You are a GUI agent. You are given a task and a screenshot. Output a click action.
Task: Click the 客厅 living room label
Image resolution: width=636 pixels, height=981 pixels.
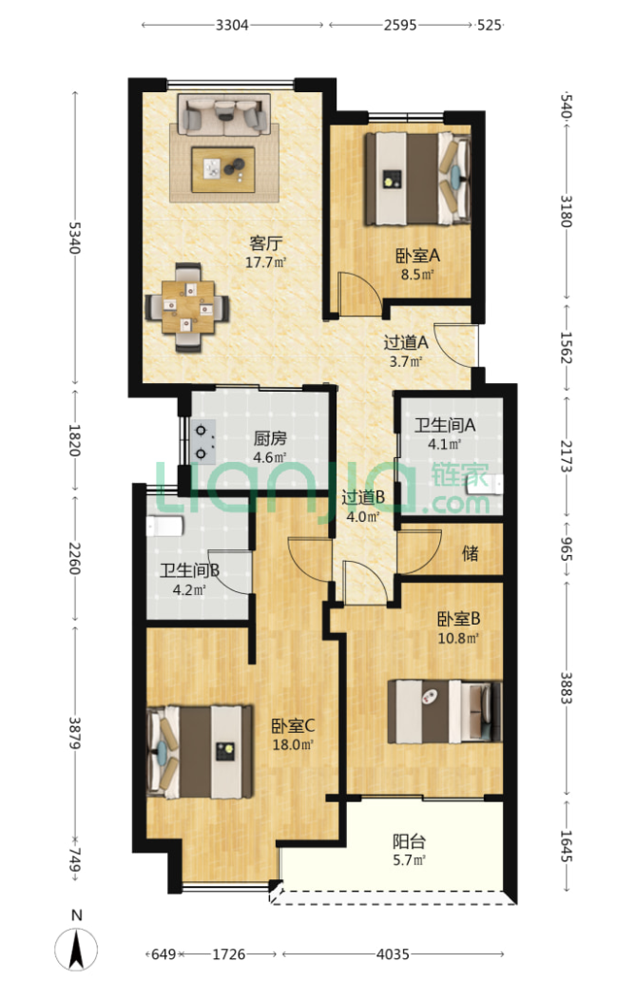pos(265,242)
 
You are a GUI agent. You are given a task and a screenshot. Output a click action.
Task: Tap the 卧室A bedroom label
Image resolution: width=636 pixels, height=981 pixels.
pos(417,256)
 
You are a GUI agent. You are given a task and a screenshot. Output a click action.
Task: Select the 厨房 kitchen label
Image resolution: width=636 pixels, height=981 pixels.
pos(270,438)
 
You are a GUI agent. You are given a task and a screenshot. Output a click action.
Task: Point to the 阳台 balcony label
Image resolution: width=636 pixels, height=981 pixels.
pos(409,841)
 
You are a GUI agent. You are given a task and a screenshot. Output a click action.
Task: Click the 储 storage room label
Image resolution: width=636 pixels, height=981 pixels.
pos(471,552)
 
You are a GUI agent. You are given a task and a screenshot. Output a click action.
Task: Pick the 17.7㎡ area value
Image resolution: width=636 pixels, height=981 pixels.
pos(265,262)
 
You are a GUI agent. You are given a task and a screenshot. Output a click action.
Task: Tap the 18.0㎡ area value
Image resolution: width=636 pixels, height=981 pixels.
pos(293,745)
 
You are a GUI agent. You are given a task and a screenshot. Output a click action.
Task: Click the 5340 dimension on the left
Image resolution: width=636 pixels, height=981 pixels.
pos(74,238)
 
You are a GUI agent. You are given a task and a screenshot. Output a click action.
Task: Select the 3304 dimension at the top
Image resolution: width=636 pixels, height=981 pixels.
pos(232,25)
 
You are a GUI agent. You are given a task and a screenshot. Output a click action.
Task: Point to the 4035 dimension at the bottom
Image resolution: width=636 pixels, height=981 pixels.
pos(393,954)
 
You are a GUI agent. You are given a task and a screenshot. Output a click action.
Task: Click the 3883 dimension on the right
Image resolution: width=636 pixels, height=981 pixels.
pos(566,687)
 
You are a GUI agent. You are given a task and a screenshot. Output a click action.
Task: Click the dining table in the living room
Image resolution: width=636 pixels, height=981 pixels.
pos(187,307)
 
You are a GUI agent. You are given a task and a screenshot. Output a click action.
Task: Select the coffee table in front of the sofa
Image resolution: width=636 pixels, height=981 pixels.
pos(222,169)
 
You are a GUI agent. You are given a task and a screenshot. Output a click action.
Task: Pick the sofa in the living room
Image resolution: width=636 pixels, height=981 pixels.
pos(223,114)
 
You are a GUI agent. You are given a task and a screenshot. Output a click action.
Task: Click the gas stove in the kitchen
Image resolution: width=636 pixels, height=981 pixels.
pos(202,442)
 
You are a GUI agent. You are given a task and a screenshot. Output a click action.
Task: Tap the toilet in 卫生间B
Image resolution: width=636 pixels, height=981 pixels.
pos(164,527)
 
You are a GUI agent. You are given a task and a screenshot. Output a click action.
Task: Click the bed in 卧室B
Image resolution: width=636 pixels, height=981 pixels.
pos(445,711)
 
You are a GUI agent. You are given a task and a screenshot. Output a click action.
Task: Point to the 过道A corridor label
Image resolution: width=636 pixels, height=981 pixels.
pos(406,342)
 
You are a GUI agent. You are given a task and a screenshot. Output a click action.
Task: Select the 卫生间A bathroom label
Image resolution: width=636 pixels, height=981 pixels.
pos(445,426)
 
